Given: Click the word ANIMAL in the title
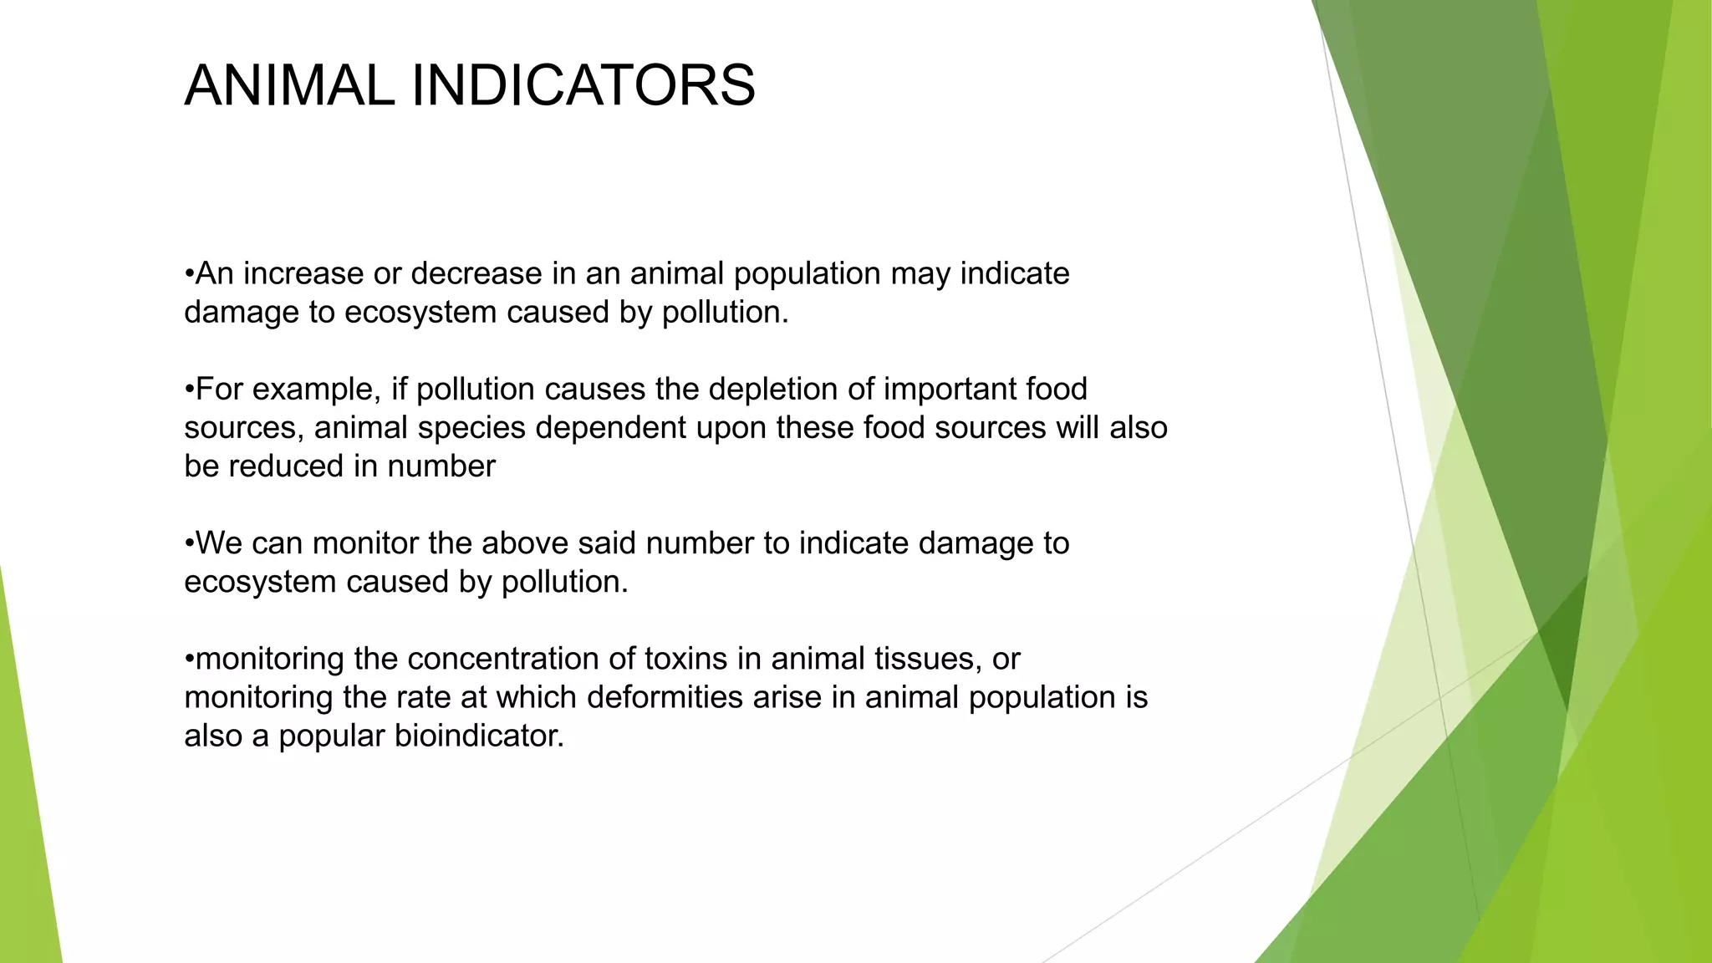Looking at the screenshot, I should coord(289,86).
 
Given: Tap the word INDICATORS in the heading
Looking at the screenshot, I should coord(583,86).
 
